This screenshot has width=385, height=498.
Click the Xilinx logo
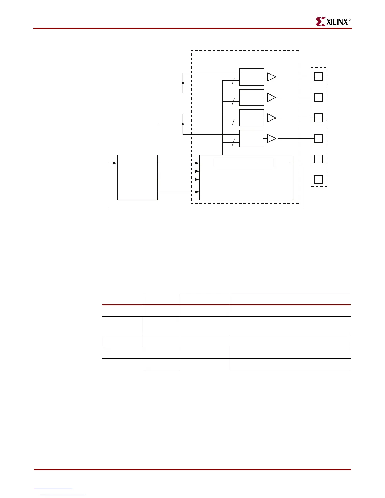(x=333, y=22)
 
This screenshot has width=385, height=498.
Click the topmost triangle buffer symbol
(x=271, y=77)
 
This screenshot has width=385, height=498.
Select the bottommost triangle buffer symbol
(x=271, y=138)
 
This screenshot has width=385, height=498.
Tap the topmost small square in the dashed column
(x=319, y=77)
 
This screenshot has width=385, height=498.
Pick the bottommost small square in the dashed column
(x=319, y=179)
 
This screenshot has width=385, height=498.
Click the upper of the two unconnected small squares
(x=319, y=159)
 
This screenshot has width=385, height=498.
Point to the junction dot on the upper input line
(x=183, y=83)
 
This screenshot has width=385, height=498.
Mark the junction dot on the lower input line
(x=183, y=124)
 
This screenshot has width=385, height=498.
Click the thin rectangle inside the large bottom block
(x=243, y=163)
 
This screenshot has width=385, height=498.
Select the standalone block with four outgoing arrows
(x=137, y=177)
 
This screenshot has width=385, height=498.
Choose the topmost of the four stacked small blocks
(x=251, y=77)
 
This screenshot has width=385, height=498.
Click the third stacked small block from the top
(x=251, y=118)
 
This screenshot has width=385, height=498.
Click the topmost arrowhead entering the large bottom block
(x=197, y=163)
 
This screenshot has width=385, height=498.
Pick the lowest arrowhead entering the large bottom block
(x=197, y=192)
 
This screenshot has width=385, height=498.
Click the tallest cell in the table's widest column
(x=290, y=326)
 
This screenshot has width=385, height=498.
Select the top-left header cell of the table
(x=122, y=299)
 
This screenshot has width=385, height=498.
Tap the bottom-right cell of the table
(x=290, y=364)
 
